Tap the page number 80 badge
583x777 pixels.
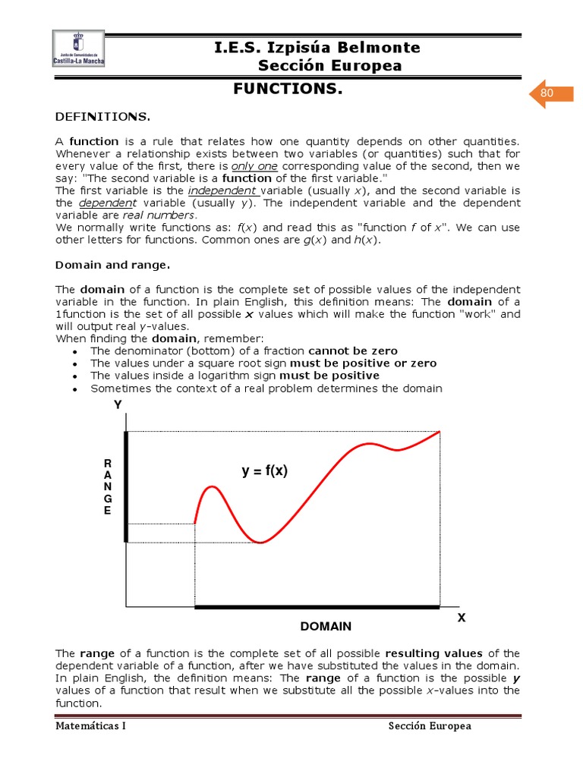click(x=547, y=93)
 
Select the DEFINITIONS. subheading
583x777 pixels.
click(x=103, y=117)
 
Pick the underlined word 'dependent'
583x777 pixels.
click(x=106, y=203)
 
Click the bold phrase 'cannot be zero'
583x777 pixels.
click(x=353, y=351)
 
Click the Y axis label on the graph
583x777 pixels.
click(x=118, y=405)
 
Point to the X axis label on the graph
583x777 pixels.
click(x=461, y=618)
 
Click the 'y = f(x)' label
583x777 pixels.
click(x=265, y=471)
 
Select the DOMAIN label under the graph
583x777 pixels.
click(x=326, y=627)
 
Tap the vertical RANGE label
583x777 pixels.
click(x=107, y=486)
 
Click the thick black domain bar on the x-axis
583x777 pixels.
click(x=317, y=607)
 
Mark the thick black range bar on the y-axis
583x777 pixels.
click(x=126, y=486)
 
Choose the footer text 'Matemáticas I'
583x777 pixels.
click(x=91, y=726)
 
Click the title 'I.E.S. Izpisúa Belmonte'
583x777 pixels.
click(x=317, y=49)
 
